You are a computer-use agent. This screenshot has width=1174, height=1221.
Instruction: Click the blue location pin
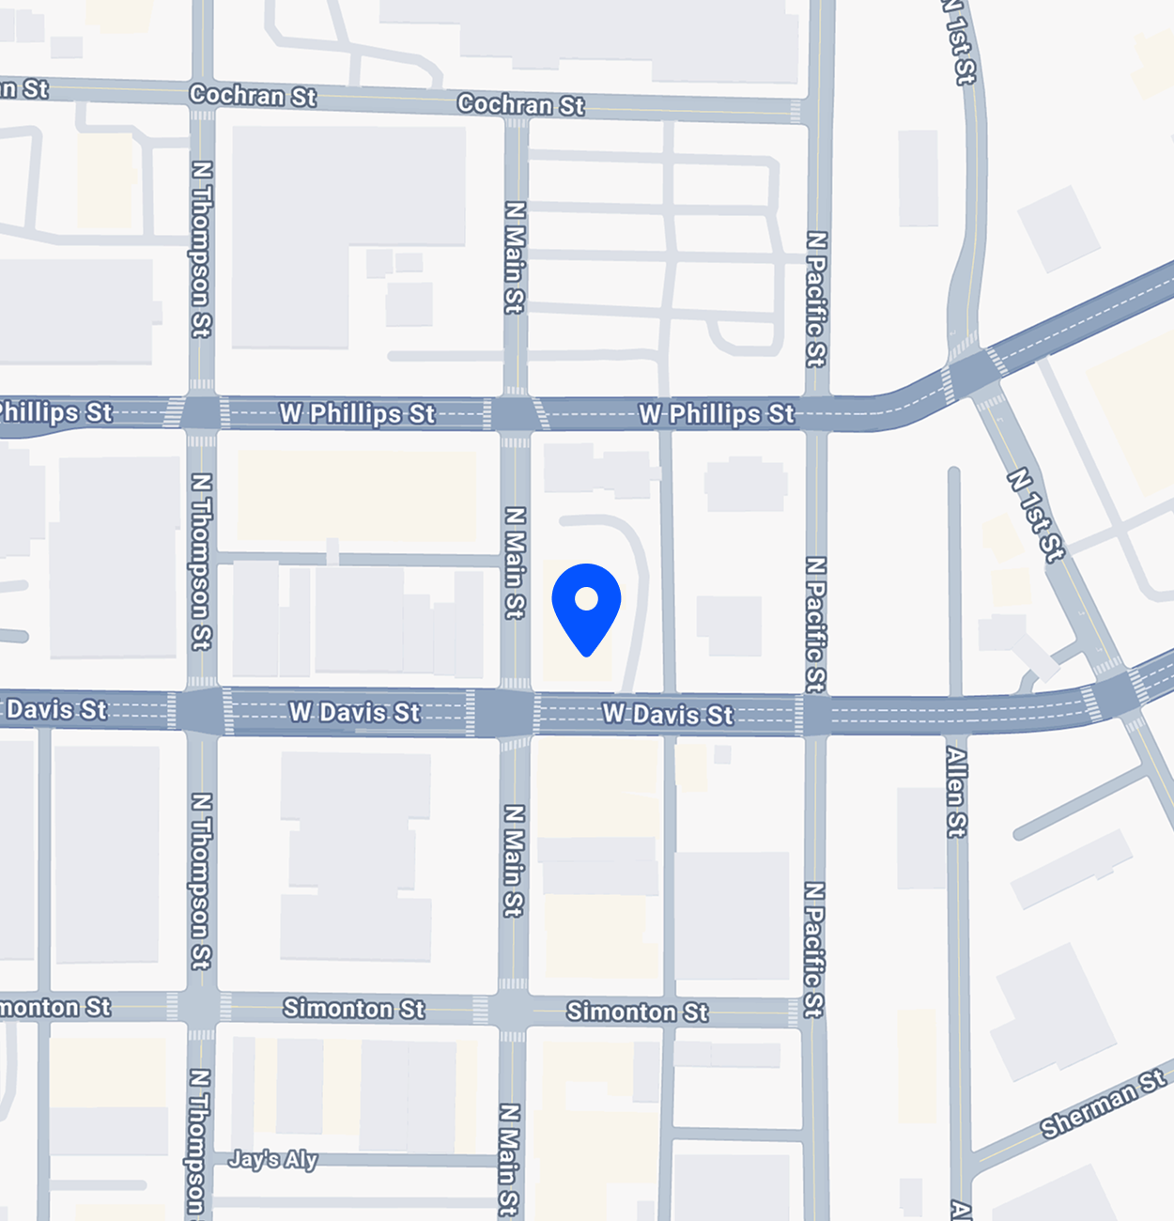point(586,606)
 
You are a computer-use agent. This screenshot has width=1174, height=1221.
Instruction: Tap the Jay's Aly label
point(273,1159)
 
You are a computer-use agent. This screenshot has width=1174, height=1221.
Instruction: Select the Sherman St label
point(1103,1105)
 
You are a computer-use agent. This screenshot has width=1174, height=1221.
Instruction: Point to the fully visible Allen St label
point(956,791)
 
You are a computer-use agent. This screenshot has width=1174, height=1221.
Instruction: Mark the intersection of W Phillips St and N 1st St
point(975,370)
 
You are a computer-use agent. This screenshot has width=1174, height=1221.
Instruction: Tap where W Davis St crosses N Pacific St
point(815,715)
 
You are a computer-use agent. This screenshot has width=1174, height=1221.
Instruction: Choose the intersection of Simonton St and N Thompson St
point(201,1007)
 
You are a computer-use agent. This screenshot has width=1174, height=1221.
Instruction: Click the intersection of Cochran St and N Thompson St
point(202,93)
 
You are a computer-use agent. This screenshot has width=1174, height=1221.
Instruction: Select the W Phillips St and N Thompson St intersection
point(201,412)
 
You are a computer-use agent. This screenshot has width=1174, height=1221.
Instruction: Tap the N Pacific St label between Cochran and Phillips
point(815,299)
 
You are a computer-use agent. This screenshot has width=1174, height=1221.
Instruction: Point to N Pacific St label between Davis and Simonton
point(814,949)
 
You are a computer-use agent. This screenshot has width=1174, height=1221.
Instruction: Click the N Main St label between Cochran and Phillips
point(514,256)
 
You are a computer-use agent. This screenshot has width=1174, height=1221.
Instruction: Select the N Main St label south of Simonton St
point(508,1159)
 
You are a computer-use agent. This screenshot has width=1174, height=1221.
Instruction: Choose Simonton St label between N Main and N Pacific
point(637,1012)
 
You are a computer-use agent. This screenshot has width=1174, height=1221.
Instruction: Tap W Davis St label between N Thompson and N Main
point(354,712)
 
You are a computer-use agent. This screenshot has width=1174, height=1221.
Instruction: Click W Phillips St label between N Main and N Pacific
point(716,413)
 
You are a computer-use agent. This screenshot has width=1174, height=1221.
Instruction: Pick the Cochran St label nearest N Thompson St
point(253,95)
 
